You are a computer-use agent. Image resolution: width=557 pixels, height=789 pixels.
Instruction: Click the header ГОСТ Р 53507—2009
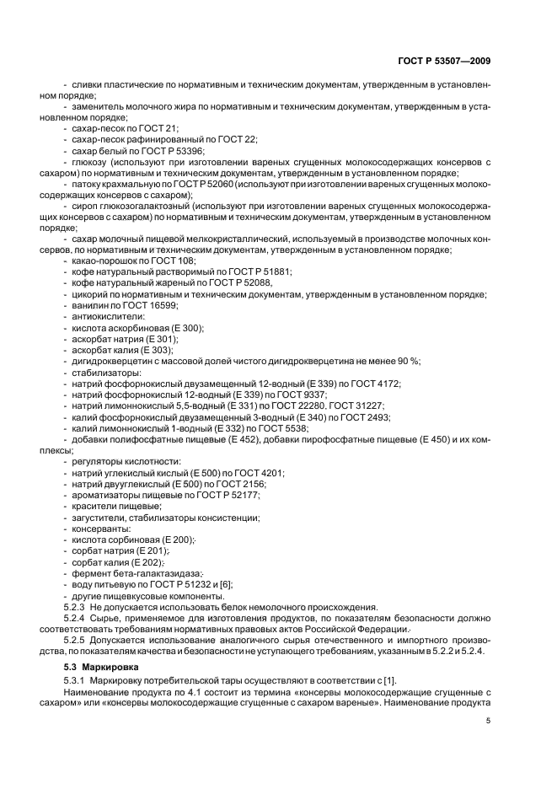443,61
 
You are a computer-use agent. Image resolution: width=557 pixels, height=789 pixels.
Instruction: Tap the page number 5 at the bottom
490,720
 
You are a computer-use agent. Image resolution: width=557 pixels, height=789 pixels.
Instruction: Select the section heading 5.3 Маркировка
99,668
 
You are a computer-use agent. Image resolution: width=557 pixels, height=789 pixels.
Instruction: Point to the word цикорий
90,294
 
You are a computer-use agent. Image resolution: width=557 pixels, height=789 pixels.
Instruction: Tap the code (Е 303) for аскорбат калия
155,350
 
